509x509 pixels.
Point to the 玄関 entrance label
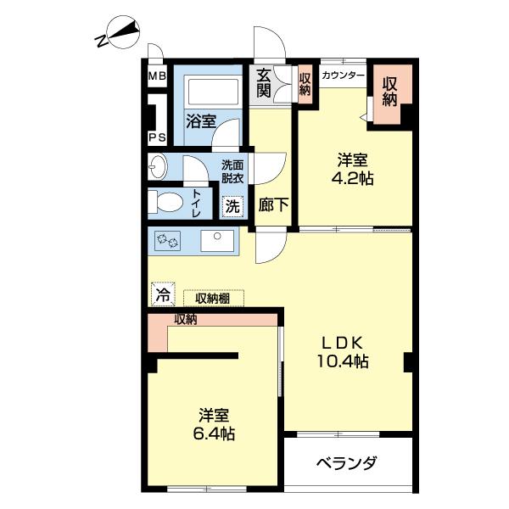tap(265, 83)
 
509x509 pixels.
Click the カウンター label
tap(344, 76)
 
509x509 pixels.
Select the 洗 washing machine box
tap(232, 205)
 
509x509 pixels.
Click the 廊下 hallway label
tap(271, 205)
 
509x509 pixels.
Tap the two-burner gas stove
tap(167, 242)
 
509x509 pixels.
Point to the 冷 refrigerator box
tap(160, 296)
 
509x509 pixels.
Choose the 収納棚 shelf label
tap(213, 298)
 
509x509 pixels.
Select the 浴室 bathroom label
tap(200, 120)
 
